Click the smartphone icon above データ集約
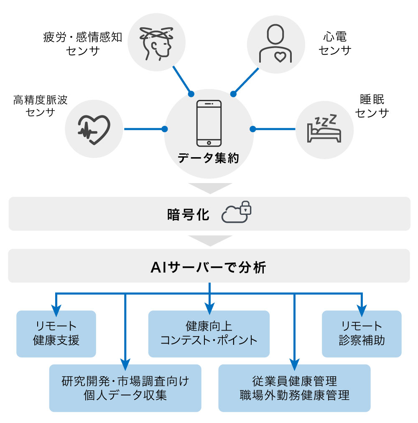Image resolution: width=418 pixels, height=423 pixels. point(209,123)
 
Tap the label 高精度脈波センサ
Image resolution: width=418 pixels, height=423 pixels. point(41,106)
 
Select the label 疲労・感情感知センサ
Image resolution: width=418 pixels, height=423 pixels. point(83,44)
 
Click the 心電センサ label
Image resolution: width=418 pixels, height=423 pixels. point(335,43)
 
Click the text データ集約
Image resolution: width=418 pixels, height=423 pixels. point(209,158)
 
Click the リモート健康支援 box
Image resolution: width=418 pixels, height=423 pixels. point(56,334)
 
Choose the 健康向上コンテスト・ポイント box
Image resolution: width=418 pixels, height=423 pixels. point(209,334)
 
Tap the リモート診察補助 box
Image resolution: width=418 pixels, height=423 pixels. point(362,334)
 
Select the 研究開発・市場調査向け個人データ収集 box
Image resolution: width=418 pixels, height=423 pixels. point(125,388)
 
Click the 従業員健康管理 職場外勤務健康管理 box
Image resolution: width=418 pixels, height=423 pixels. point(294,388)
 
